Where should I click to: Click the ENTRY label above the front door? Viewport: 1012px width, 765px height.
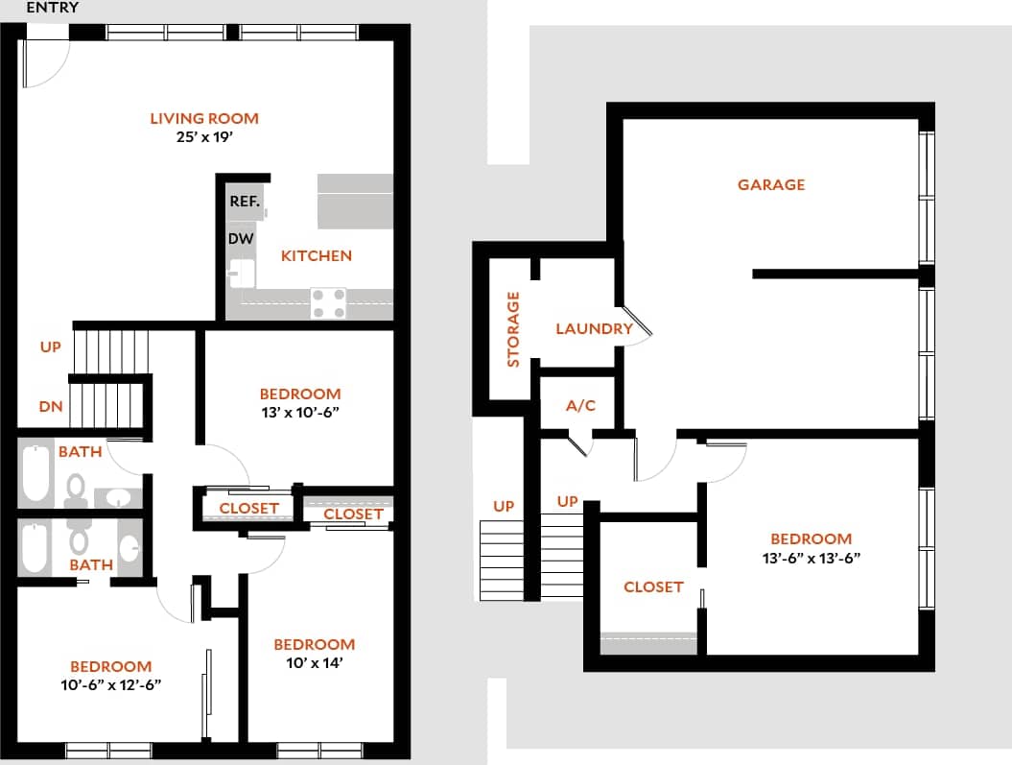click(53, 8)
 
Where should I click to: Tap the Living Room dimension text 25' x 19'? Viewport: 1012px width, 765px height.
click(204, 137)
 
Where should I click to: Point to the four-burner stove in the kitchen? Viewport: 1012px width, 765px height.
click(328, 303)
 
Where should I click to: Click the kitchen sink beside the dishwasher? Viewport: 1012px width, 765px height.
click(240, 274)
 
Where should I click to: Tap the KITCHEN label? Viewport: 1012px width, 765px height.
click(316, 256)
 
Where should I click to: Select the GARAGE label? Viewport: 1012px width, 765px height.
click(771, 184)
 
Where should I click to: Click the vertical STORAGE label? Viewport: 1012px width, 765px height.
click(513, 329)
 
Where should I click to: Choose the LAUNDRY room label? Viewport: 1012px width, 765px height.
click(594, 329)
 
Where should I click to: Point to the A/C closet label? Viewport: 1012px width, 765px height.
click(580, 406)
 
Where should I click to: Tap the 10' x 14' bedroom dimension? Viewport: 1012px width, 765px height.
click(314, 662)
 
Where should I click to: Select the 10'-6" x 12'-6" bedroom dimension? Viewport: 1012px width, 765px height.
click(110, 684)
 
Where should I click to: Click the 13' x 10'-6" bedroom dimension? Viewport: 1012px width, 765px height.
click(300, 412)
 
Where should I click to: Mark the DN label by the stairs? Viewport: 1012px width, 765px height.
click(52, 407)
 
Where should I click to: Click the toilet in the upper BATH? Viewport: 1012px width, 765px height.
click(76, 491)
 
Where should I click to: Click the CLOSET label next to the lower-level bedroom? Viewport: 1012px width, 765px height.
click(653, 586)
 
